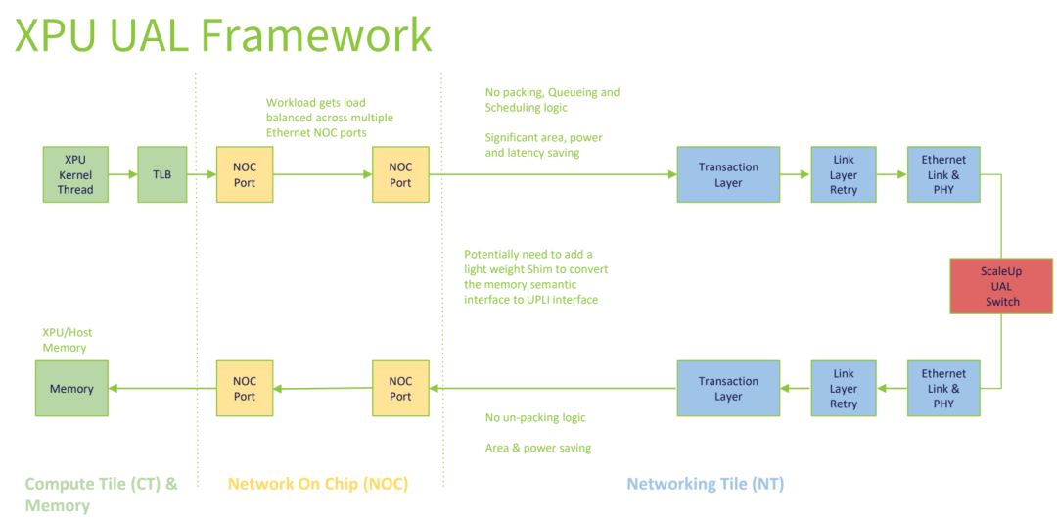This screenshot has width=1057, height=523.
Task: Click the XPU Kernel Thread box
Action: pos(75,174)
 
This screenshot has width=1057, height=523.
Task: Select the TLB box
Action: pos(161,174)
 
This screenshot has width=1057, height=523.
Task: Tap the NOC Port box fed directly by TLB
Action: pos(245,174)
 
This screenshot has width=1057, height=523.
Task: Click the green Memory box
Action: pos(71,388)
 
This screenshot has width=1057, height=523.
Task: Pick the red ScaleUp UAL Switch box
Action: pos(1000,286)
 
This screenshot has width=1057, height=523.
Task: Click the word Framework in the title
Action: pos(316,35)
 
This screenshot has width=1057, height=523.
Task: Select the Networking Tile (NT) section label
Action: pos(705,484)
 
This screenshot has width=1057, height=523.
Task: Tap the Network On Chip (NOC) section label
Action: pos(317,484)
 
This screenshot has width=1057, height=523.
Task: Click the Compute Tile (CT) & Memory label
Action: pos(101,494)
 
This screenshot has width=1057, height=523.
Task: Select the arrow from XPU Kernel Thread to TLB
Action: pos(122,174)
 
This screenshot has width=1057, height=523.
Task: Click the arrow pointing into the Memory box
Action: pos(161,388)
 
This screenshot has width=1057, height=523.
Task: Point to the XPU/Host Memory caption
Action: pos(65,340)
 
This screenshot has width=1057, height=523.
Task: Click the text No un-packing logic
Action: pos(535,417)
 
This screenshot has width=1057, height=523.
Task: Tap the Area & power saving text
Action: pos(538,448)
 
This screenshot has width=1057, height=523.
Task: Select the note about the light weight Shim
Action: pos(535,276)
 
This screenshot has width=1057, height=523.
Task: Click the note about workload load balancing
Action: pos(330,118)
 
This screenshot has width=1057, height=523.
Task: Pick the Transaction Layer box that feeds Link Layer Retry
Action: pos(728,174)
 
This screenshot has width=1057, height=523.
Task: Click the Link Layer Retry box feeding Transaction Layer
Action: pos(843,388)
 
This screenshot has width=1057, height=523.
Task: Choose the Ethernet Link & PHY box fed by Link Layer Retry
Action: pos(942,174)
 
